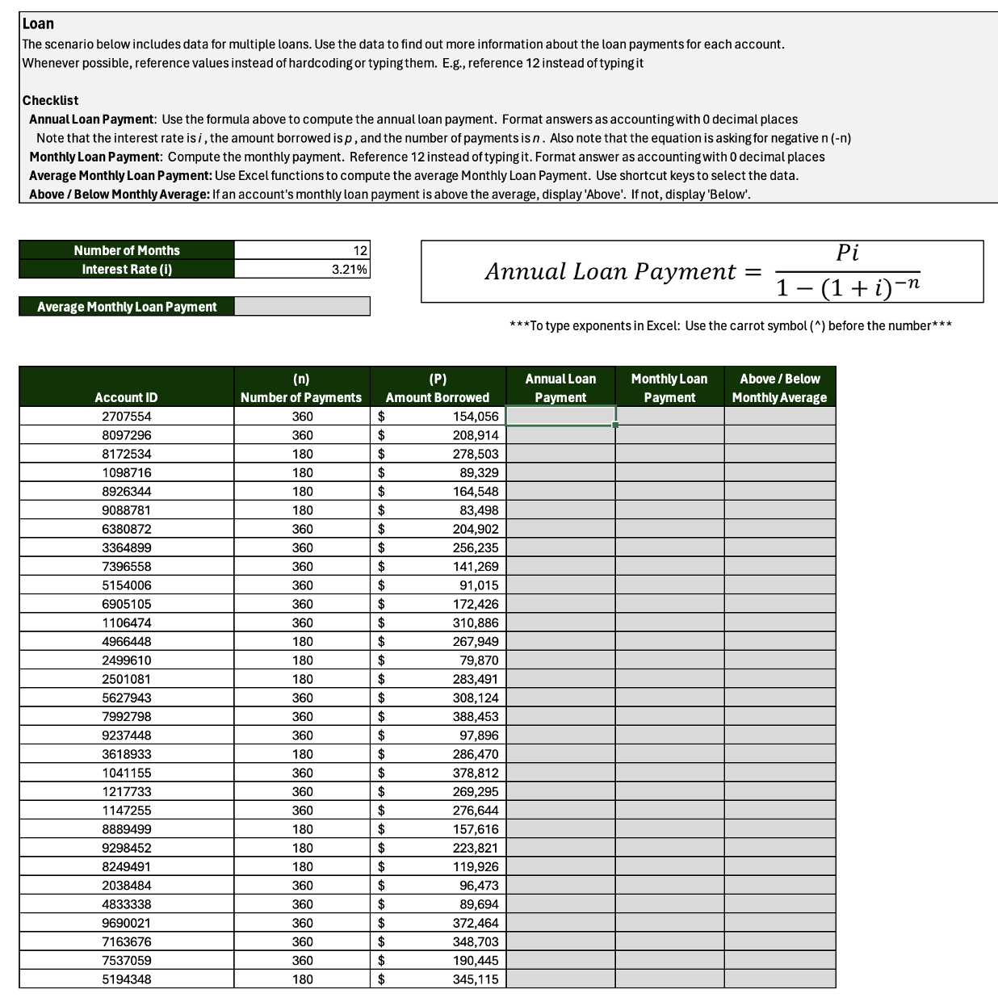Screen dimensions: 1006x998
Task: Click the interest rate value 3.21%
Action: [x=350, y=270]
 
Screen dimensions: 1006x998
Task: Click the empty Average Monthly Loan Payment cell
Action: [x=302, y=307]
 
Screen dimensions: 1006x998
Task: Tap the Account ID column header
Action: [x=126, y=397]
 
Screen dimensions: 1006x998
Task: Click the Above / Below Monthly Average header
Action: [x=779, y=388]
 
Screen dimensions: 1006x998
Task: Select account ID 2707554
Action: [x=126, y=417]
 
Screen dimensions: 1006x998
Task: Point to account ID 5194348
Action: [x=126, y=979]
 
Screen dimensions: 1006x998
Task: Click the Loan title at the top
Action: [x=38, y=23]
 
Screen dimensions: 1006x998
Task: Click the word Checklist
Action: [x=50, y=100]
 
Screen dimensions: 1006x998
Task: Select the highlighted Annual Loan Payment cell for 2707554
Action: [x=560, y=416]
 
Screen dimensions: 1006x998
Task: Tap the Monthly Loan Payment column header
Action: [x=669, y=388]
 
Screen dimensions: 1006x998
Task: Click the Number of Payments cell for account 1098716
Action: [x=302, y=472]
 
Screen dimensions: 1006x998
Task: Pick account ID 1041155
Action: [x=126, y=773]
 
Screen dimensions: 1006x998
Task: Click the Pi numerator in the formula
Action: [x=847, y=253]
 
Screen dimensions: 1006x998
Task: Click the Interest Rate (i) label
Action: [x=127, y=270]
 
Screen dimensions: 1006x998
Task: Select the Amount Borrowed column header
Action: [x=437, y=388]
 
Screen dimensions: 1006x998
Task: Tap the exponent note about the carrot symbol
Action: [x=731, y=326]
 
